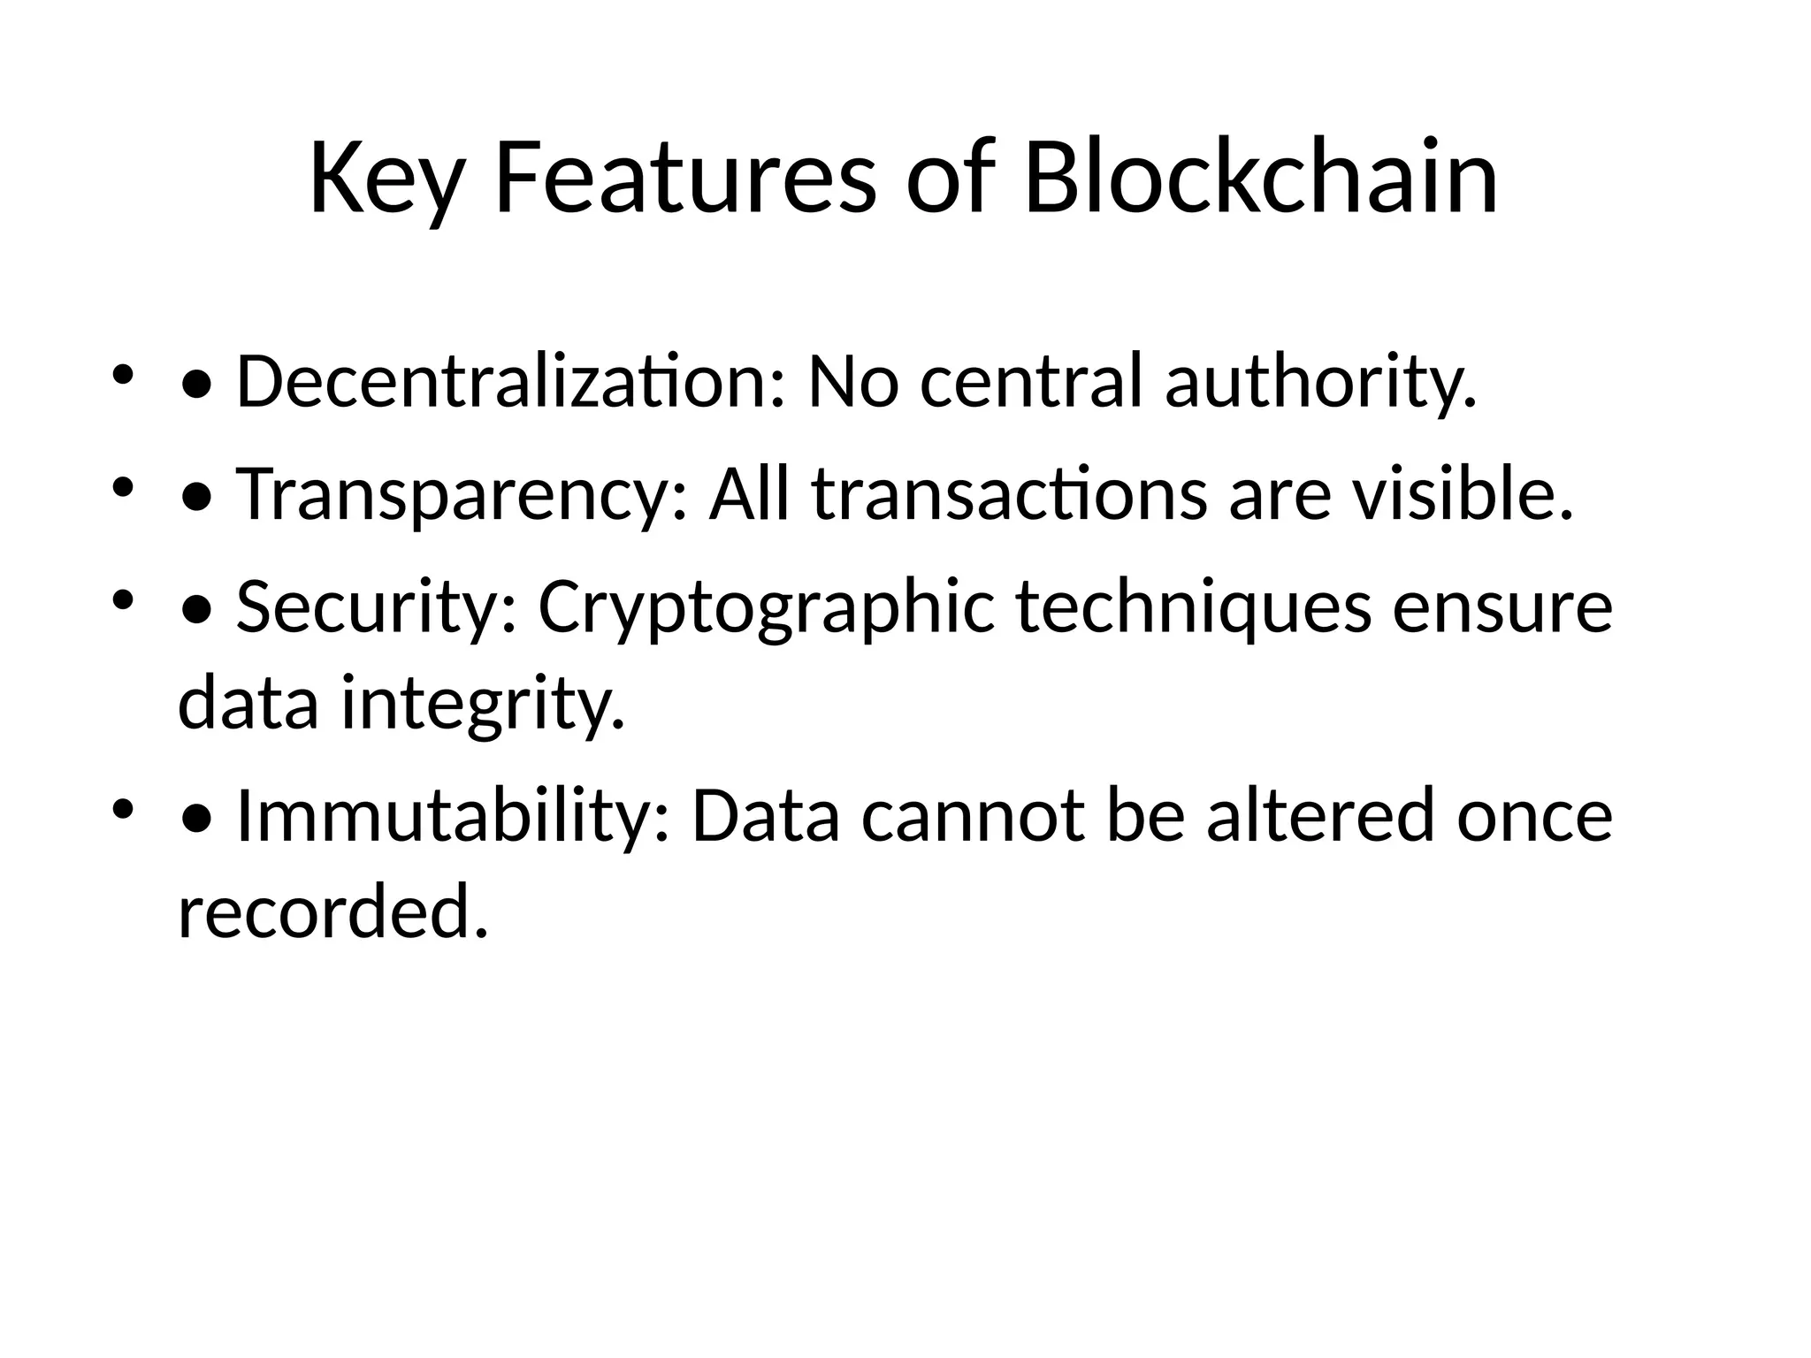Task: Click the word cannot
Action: pos(973,816)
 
